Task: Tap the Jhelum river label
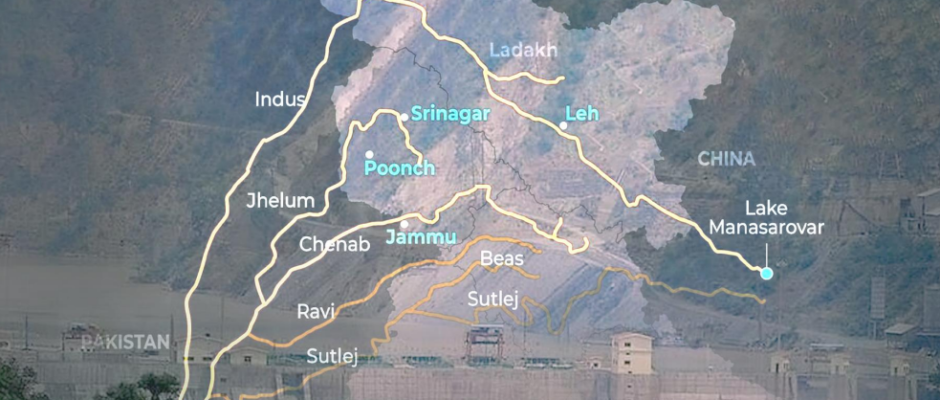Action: click(x=280, y=200)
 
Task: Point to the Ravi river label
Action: click(x=316, y=311)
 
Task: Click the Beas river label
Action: click(x=502, y=259)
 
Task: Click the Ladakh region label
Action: click(x=523, y=50)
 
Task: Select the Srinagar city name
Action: click(x=451, y=114)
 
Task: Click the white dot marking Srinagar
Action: click(x=404, y=117)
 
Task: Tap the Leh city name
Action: click(x=581, y=114)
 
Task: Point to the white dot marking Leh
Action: click(x=563, y=126)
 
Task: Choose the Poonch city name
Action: click(x=400, y=168)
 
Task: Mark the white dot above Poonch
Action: click(x=369, y=153)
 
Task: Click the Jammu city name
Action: click(x=421, y=238)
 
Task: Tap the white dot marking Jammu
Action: click(x=404, y=224)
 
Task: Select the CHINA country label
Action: click(x=726, y=158)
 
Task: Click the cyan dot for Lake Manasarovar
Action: click(x=766, y=273)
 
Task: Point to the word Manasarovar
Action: click(x=767, y=228)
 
